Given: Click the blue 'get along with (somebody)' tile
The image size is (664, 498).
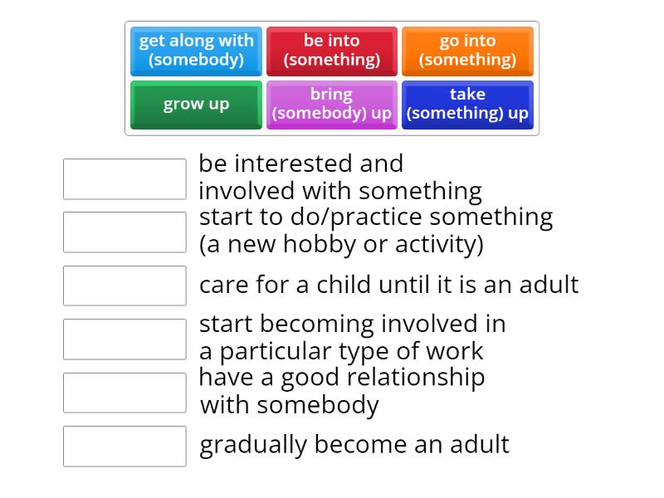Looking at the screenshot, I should coord(196,51).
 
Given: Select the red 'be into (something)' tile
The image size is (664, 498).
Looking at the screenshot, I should coord(331,51).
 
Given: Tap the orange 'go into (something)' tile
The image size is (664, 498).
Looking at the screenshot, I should coord(467,51).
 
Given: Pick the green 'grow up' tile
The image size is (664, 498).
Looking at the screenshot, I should coord(196,105).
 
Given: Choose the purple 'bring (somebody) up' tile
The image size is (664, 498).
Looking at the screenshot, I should coord(331,105).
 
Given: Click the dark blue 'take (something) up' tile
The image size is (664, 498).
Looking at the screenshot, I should coord(467,105).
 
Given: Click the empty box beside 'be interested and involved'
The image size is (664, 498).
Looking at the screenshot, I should coord(124,179).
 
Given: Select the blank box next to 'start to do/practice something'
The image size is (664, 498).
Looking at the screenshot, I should coord(124,232).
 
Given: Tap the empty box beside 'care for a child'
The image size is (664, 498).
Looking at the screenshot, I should coord(124,286).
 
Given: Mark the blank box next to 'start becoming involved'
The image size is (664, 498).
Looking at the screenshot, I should coord(124,339).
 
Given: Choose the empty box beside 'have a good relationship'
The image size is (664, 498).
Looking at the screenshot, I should coord(124,393).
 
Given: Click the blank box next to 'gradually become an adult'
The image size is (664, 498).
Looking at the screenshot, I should coord(124,447).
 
